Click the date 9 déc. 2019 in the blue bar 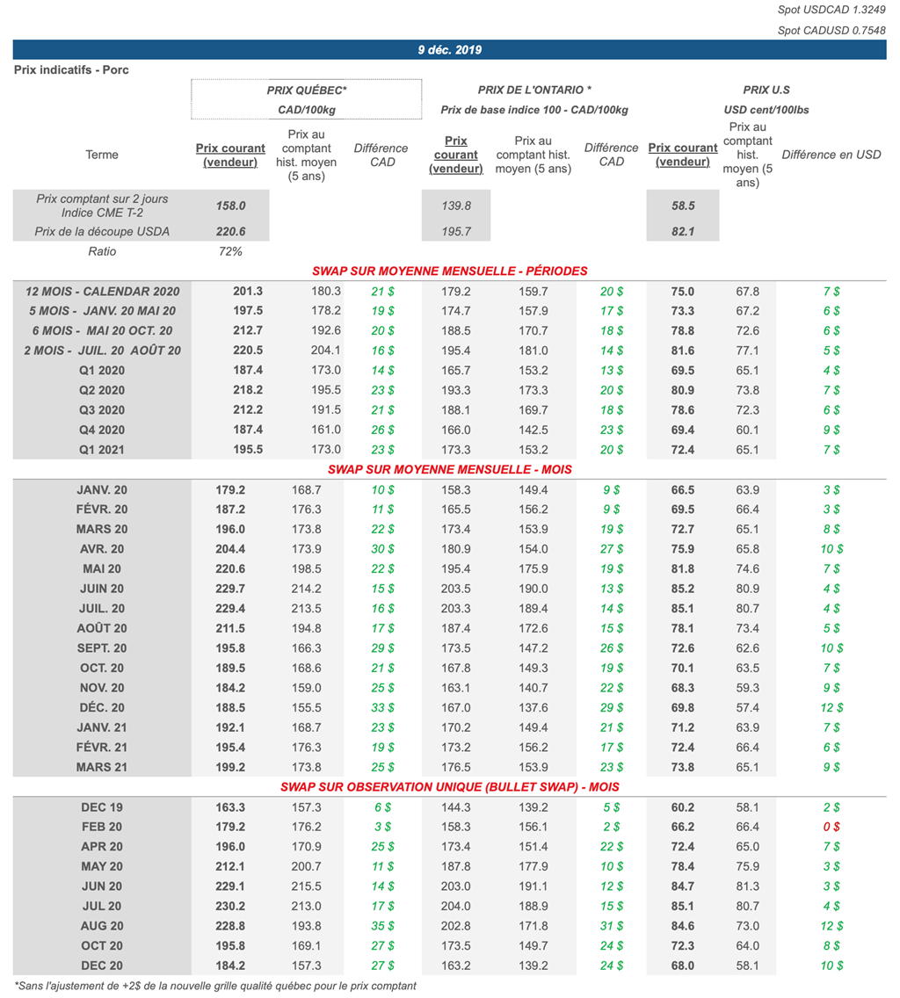(x=449, y=50)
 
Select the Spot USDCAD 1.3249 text (x=831, y=10)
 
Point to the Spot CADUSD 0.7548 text (x=831, y=30)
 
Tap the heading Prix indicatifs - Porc (x=71, y=69)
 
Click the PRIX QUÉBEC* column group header (x=307, y=90)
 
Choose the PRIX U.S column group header (x=766, y=90)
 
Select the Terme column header (x=102, y=155)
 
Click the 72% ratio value (x=230, y=251)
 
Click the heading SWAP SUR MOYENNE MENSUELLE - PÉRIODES (x=449, y=271)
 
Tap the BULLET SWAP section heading (x=449, y=786)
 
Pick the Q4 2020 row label (x=102, y=430)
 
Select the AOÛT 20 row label (x=102, y=628)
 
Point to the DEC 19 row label (x=102, y=807)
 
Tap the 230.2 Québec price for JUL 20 (x=230, y=906)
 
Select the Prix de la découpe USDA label (x=102, y=231)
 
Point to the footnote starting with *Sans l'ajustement (x=215, y=986)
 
